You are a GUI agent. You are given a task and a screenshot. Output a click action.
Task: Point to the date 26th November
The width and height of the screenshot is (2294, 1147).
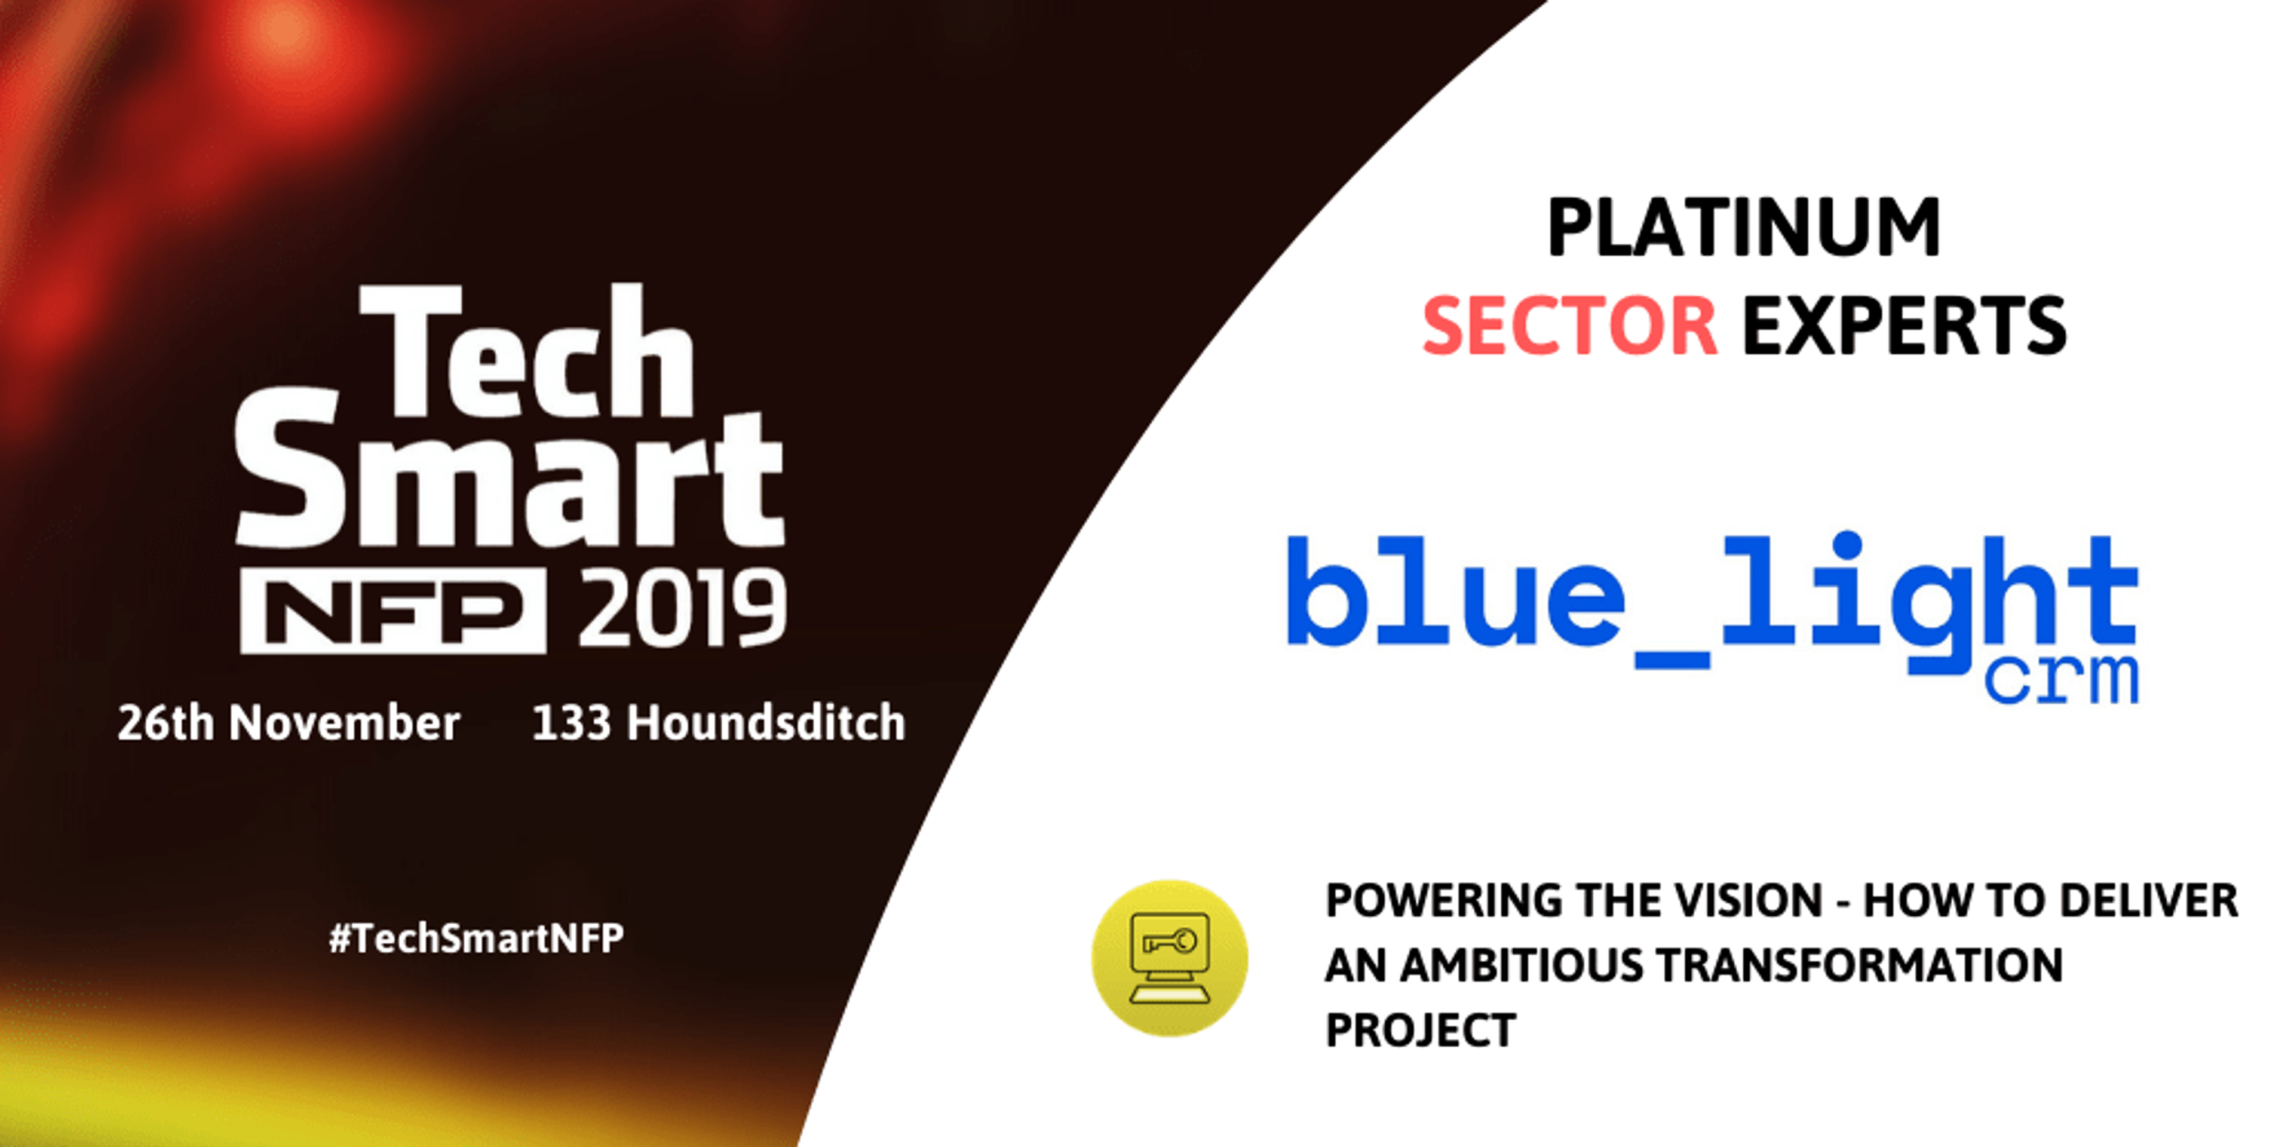tap(289, 722)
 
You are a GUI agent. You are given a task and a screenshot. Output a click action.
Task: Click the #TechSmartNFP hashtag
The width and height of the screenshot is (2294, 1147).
tap(477, 939)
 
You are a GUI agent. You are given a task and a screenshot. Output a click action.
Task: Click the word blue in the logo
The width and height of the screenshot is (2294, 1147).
tap(1455, 590)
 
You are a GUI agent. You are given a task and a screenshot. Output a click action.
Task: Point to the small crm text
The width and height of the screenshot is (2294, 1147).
tap(2062, 680)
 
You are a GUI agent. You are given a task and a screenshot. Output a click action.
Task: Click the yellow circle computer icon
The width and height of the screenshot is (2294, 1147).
tap(1169, 958)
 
